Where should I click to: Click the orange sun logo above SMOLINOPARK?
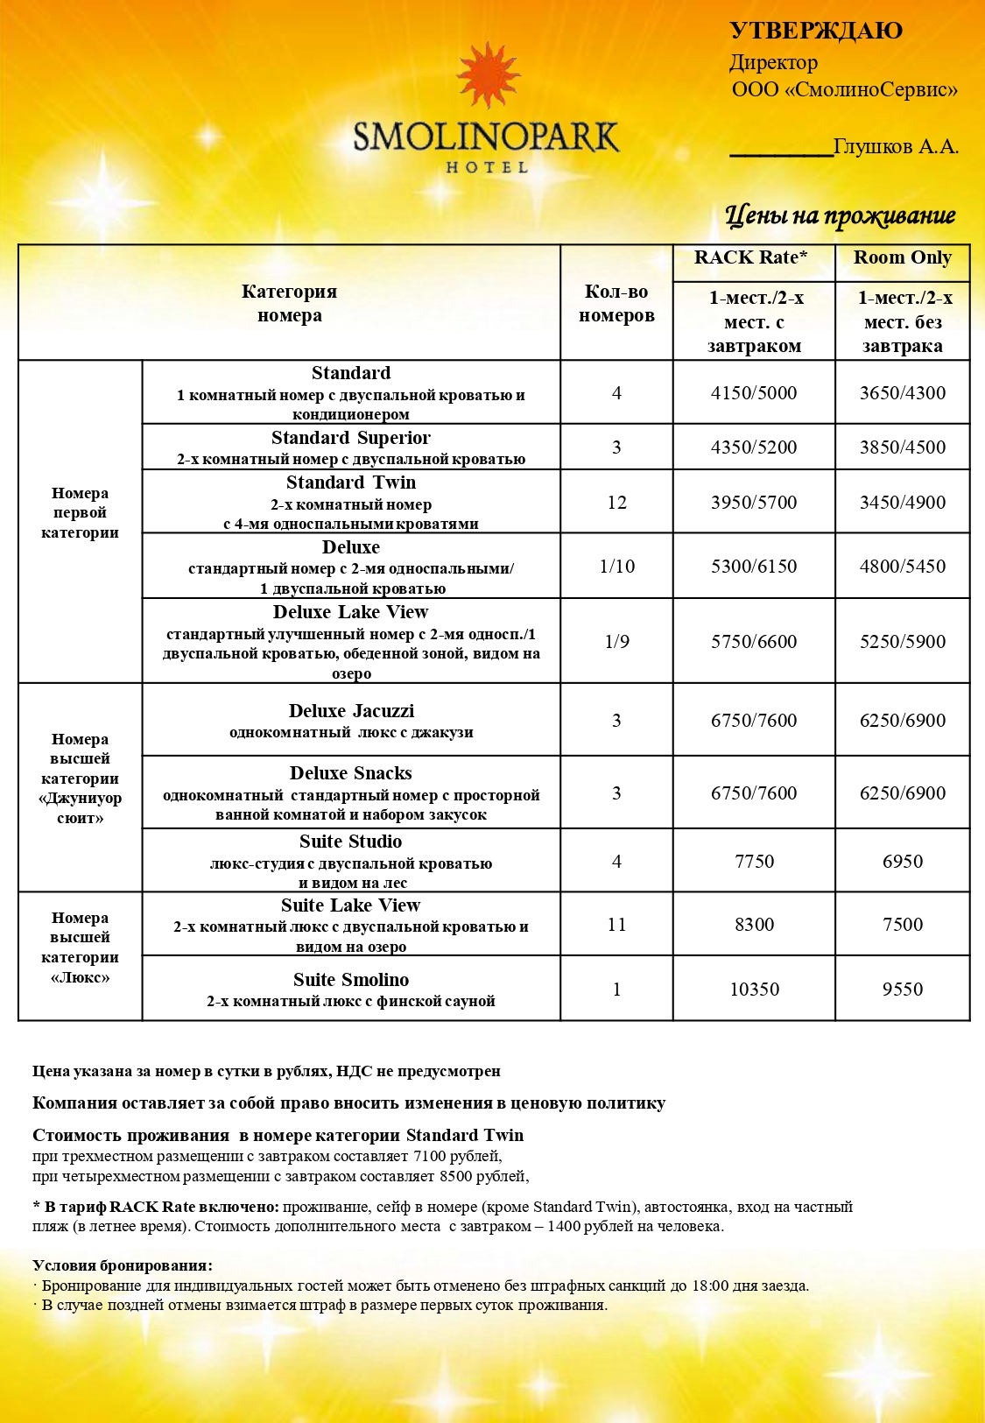[489, 76]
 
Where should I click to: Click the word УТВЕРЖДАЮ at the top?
[815, 31]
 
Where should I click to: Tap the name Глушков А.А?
[896, 146]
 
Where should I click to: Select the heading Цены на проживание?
[840, 215]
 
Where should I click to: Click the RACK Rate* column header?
[750, 257]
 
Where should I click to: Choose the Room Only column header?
[902, 257]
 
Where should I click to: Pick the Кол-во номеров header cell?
[616, 303]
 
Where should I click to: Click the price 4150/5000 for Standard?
[754, 392]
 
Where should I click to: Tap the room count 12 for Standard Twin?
[616, 502]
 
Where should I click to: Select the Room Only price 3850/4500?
[902, 447]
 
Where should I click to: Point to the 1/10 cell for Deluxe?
[616, 566]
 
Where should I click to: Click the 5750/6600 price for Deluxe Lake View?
[754, 641]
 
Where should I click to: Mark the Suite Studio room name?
[350, 842]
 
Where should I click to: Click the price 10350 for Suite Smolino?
[754, 989]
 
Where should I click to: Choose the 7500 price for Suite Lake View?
[902, 924]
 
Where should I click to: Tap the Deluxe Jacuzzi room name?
[351, 711]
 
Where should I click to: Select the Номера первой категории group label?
[80, 512]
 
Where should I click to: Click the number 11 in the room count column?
[616, 924]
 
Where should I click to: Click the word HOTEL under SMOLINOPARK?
[487, 166]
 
